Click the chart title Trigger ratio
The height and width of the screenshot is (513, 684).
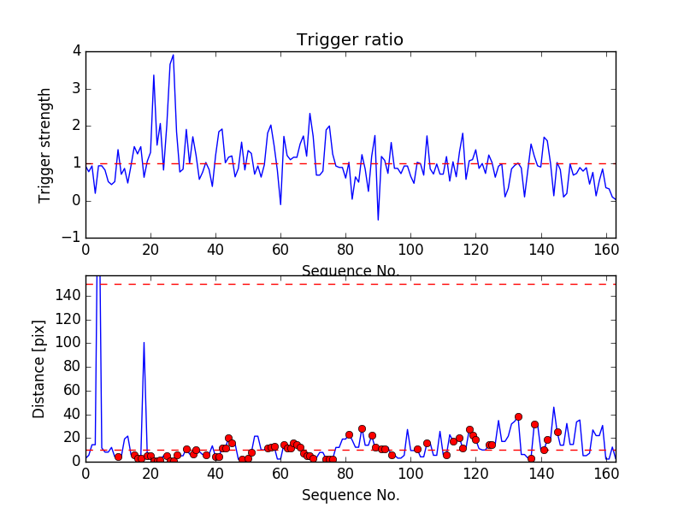coord(350,40)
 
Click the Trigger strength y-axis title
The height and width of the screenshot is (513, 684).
coord(45,145)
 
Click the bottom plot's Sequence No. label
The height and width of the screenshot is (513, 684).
coord(351,495)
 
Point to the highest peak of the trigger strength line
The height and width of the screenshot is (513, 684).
coord(173,55)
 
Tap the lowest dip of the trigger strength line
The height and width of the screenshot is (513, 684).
coord(378,220)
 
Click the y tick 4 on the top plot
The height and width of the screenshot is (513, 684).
coord(76,51)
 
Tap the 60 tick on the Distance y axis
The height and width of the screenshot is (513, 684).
coord(72,390)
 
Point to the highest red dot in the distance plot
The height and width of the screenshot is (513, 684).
coord(518,416)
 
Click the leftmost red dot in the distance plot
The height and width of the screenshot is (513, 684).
coord(118,457)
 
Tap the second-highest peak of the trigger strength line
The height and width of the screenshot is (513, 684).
coord(154,75)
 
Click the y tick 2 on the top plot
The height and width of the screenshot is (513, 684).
coord(76,126)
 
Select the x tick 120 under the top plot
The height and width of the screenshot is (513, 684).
coord(475,251)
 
